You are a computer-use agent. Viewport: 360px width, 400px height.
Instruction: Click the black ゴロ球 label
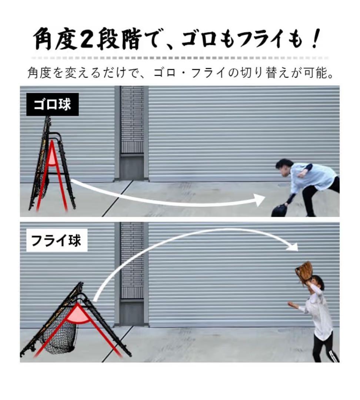pyautogui.click(x=52, y=104)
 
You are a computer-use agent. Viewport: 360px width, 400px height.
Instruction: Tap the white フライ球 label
pyautogui.click(x=56, y=241)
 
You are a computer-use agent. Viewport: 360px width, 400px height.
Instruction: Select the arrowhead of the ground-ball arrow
pyautogui.click(x=260, y=200)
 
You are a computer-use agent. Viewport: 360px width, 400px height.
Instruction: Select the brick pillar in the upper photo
pyautogui.click(x=132, y=122)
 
